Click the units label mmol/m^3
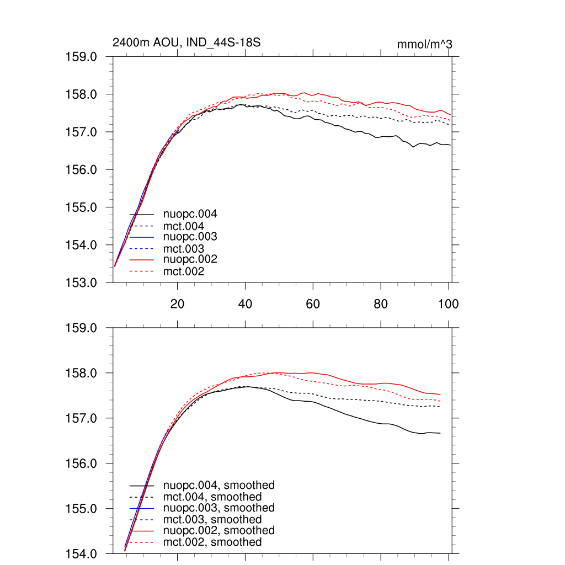[425, 44]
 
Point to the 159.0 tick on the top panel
[82, 57]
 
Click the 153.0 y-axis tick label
[82, 282]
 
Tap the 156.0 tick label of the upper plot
[82, 170]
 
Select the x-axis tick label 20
[177, 304]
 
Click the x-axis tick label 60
[313, 304]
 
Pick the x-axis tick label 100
[448, 304]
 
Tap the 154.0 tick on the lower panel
[82, 553]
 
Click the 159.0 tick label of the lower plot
[82, 328]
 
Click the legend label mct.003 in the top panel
[184, 249]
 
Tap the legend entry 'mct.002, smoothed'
[212, 542]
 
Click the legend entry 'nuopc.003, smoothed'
[219, 508]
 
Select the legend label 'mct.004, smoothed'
[212, 497]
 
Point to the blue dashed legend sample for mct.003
[141, 249]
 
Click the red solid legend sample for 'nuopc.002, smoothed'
[141, 531]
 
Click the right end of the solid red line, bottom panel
[440, 395]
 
